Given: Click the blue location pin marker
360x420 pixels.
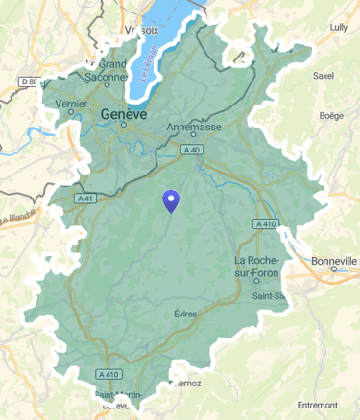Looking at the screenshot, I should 171,200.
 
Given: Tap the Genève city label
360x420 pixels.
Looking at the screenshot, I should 123,114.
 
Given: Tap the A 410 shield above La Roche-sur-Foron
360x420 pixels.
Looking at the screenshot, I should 266,223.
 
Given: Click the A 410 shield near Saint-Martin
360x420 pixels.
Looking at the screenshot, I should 108,374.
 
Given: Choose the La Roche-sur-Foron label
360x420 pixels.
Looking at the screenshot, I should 256,268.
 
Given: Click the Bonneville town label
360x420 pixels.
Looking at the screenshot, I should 334,260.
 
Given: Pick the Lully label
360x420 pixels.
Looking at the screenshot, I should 338,27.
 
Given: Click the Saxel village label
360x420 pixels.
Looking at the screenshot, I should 324,75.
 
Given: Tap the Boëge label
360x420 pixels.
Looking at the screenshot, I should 330,115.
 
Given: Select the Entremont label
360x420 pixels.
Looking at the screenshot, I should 318,405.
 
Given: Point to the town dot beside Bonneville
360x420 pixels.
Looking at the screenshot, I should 334,269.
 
